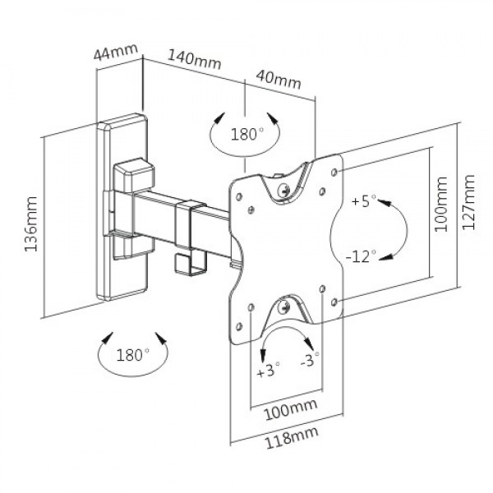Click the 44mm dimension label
click(115, 53)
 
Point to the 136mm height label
click(30, 223)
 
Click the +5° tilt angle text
click(362, 200)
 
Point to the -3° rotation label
click(311, 362)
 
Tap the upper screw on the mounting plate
click(284, 189)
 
